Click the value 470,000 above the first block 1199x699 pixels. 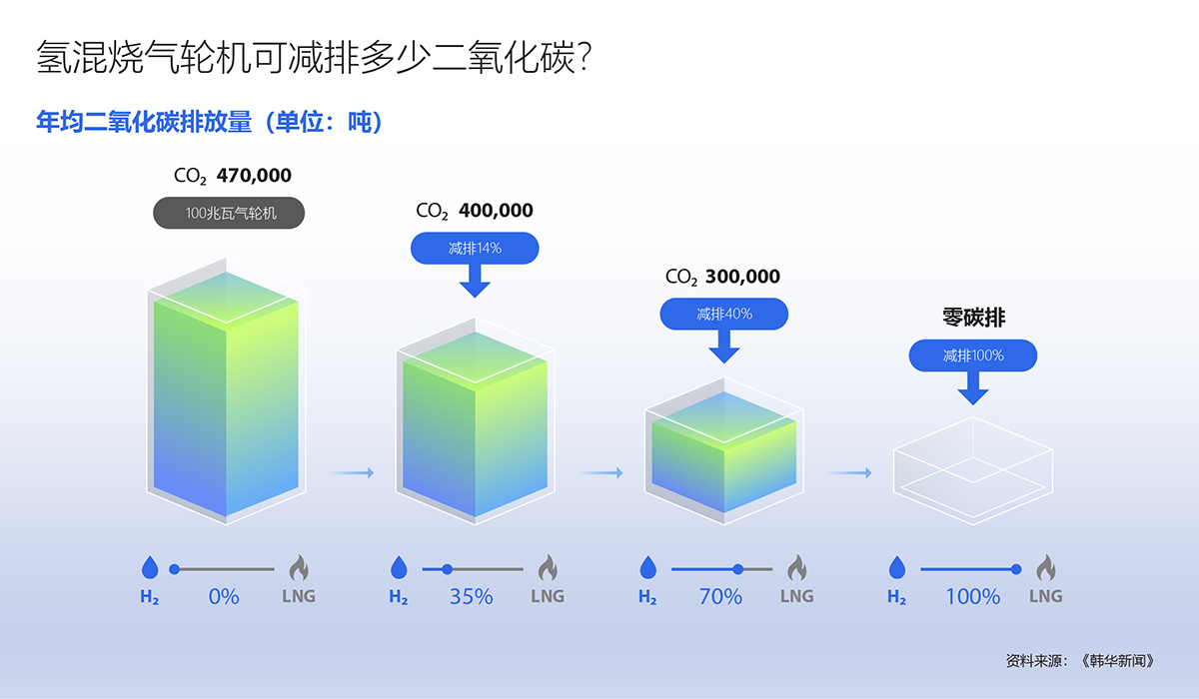[254, 176]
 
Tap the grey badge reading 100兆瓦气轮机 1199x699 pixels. [229, 213]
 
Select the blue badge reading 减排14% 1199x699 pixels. [475, 249]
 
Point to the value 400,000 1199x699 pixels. [496, 210]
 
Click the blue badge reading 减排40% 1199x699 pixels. [723, 314]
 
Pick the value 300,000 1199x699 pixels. [743, 277]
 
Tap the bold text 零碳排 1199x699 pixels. [973, 318]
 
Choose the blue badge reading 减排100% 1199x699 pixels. [973, 355]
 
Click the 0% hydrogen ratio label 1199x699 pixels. [224, 596]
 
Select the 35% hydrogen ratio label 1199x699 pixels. [471, 596]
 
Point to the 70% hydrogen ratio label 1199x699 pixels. [720, 596]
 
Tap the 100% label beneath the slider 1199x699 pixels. [973, 596]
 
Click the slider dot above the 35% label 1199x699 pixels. [447, 569]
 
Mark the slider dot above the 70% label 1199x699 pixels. [738, 569]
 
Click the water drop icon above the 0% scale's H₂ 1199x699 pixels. [150, 567]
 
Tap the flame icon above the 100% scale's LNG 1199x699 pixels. [1046, 567]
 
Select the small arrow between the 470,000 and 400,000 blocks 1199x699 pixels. [352, 472]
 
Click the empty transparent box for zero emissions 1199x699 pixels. [973, 470]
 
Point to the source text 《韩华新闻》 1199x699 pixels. [1118, 661]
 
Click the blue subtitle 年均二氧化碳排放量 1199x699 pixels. [144, 122]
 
